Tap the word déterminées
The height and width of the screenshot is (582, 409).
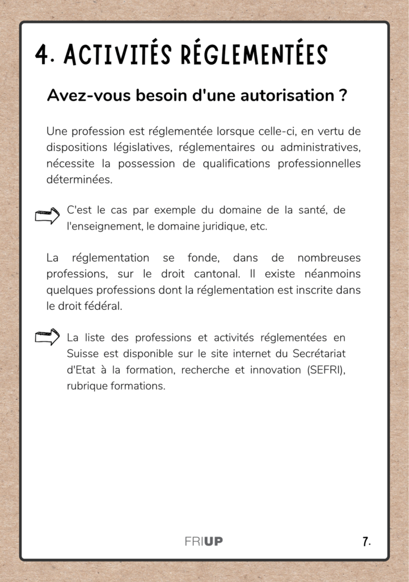(x=79, y=180)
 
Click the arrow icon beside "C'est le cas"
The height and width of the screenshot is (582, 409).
(x=47, y=216)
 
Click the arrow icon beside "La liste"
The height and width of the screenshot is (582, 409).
(x=47, y=337)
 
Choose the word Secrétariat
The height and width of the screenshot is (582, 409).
(x=319, y=354)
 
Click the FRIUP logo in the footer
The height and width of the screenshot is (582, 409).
(x=204, y=541)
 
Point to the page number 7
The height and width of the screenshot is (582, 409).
(x=366, y=541)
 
